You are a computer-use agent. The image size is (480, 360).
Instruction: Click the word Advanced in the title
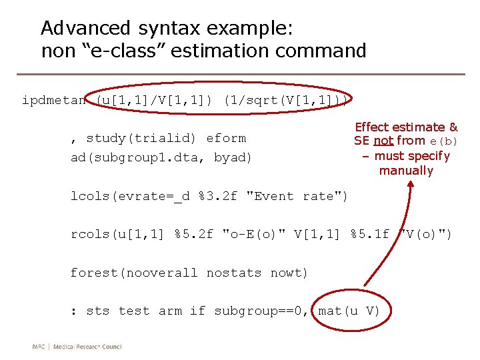[x=85, y=28]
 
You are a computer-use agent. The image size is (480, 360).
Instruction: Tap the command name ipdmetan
[x=54, y=101]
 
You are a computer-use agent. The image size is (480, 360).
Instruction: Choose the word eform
[x=226, y=138]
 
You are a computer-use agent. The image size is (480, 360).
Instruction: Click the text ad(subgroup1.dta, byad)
[x=161, y=157]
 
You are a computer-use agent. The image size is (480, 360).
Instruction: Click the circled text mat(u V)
[x=349, y=311]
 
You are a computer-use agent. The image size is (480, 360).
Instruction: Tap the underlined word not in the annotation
[x=383, y=141]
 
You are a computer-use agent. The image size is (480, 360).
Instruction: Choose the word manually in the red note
[x=406, y=171]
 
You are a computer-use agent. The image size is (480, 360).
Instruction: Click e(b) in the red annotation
[x=444, y=141]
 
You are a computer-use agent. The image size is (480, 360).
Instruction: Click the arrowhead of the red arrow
[x=405, y=189]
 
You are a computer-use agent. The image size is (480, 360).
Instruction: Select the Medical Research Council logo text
[x=77, y=346]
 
